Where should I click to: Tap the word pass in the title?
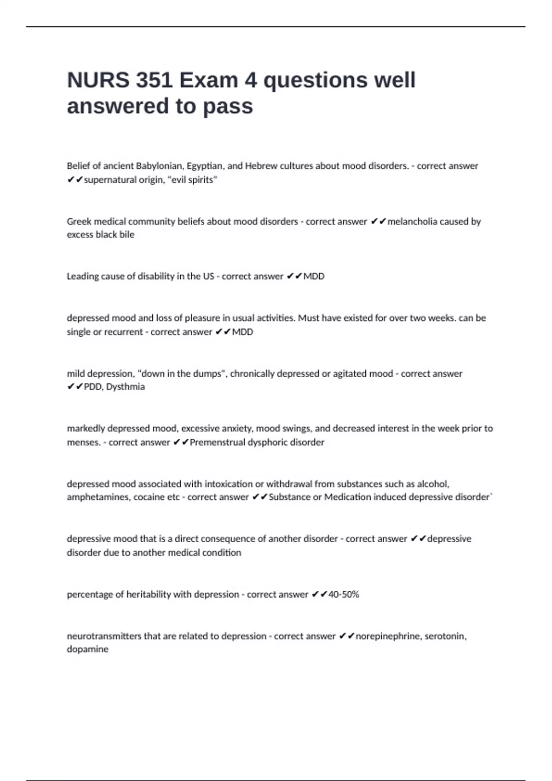(228, 106)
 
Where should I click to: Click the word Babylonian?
(159, 166)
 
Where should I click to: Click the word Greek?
(79, 221)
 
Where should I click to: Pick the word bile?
(127, 234)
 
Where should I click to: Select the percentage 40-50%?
(344, 594)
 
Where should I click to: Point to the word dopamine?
(87, 649)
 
